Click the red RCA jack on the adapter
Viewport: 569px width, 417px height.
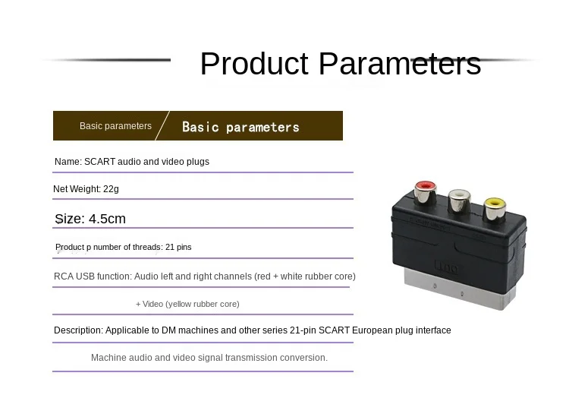[426, 191]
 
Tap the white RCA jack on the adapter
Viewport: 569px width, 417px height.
[460, 201]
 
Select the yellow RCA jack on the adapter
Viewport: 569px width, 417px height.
[495, 209]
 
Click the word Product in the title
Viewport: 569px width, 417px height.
[254, 64]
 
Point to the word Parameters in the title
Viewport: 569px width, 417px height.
[400, 64]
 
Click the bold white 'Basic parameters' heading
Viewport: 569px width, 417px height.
[240, 127]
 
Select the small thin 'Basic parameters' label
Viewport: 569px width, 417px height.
[115, 125]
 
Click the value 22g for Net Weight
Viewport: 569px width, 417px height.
[111, 189]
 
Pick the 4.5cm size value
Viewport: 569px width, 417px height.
[107, 219]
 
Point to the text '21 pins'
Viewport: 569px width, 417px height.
[178, 247]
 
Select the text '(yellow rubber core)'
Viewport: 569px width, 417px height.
[202, 304]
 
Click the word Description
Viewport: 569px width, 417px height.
[78, 330]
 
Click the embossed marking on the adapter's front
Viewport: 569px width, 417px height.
[446, 267]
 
